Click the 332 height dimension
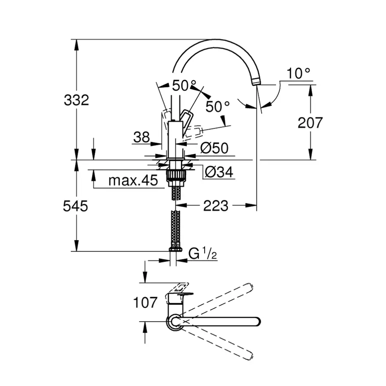[x=76, y=100]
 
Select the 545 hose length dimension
[x=75, y=206]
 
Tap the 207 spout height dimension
[x=310, y=123]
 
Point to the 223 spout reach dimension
[x=215, y=206]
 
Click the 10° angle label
[x=299, y=74]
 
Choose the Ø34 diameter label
[x=218, y=172]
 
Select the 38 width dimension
[x=141, y=137]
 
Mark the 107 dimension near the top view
[x=145, y=303]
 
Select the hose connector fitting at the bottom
[x=175, y=249]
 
